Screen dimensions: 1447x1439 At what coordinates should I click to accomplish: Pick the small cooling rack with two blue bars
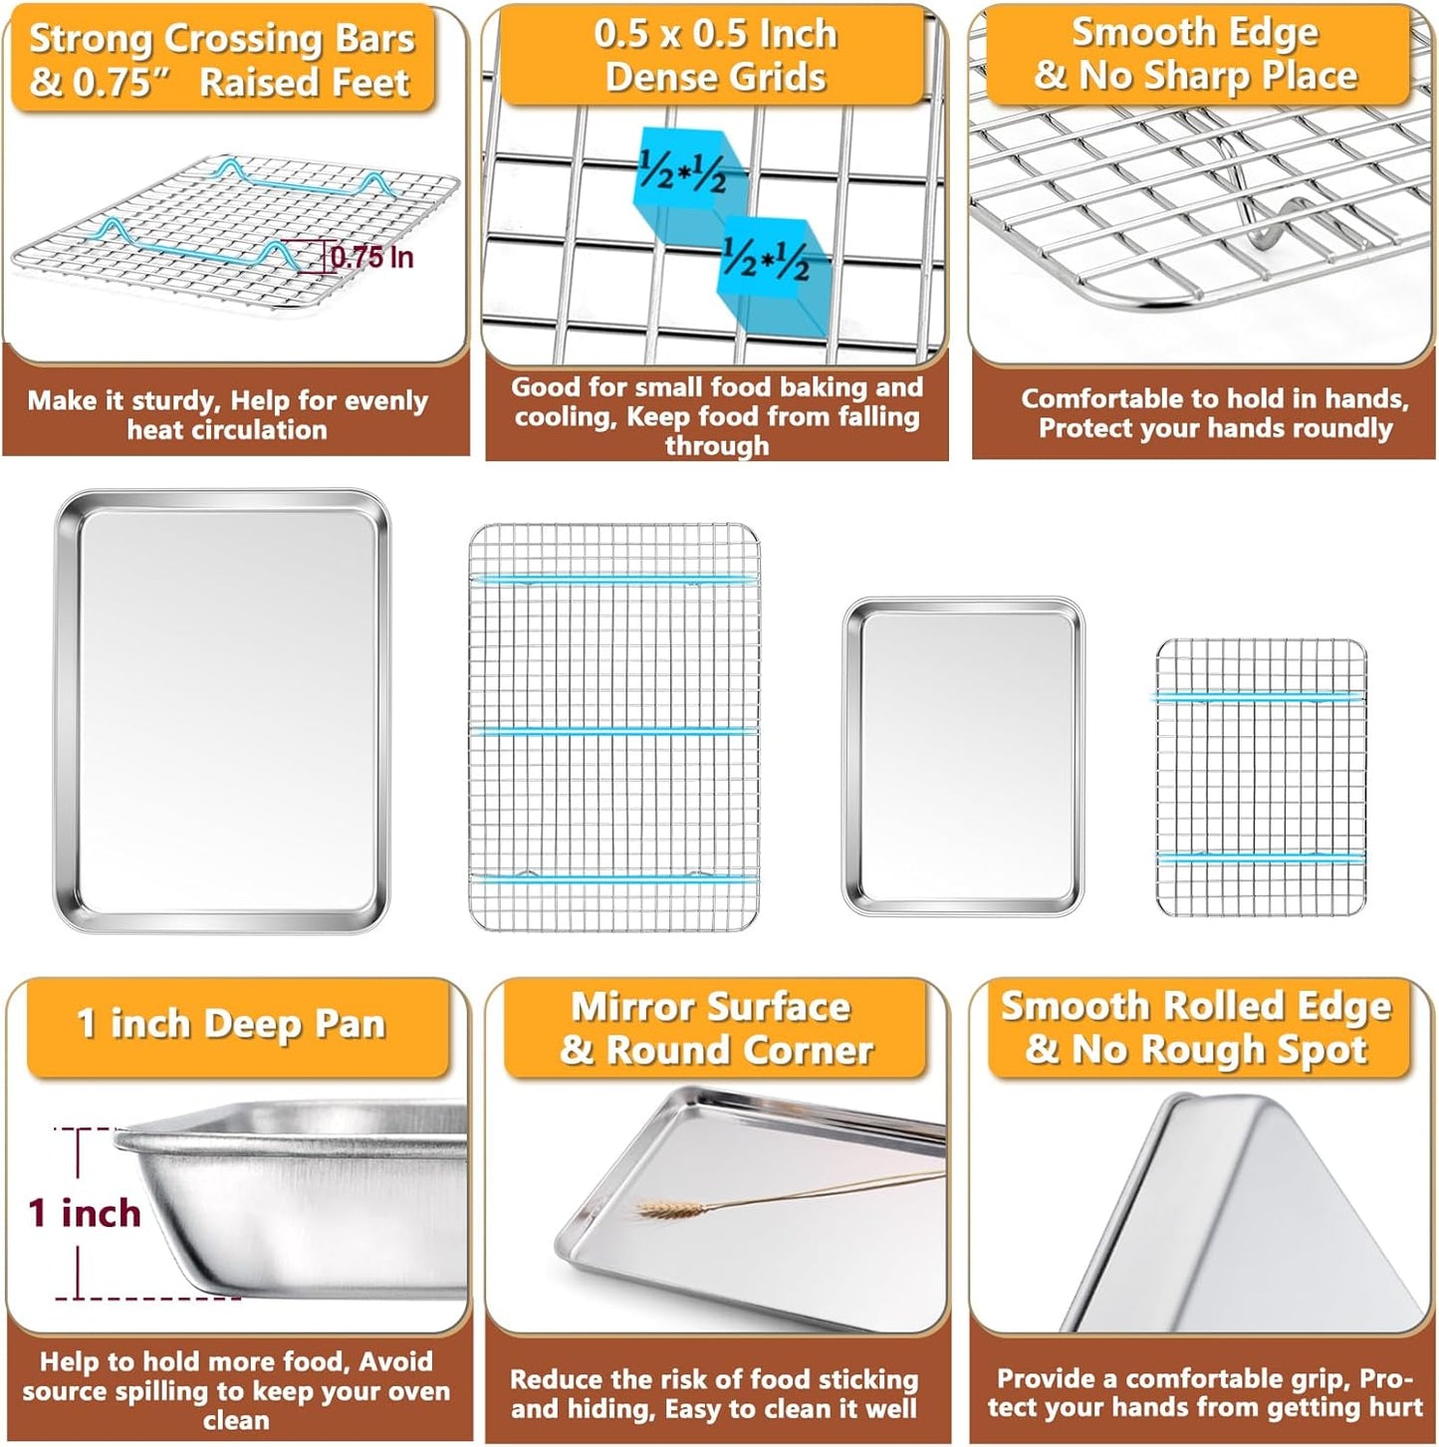coord(1261,777)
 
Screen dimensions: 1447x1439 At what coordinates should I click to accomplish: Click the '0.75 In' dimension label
coord(371,257)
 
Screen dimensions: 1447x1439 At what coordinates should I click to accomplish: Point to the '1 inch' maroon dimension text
coord(85,1213)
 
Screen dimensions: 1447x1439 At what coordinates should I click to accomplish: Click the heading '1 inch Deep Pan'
coord(231,1024)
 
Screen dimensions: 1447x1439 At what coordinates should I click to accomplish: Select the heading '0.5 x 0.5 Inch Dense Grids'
coord(715,55)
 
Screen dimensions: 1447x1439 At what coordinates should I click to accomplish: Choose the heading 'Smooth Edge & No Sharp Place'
coord(1195,54)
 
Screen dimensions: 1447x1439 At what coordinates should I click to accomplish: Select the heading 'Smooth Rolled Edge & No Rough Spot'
coord(1195,1028)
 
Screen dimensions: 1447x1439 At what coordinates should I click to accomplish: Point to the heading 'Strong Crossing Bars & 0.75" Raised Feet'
coord(221,60)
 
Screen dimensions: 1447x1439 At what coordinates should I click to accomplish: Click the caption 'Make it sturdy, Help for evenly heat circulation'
coord(227,415)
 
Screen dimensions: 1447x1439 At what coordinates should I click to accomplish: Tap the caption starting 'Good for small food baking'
coord(716,415)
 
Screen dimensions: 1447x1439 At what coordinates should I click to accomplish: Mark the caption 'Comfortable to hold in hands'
coord(1214,413)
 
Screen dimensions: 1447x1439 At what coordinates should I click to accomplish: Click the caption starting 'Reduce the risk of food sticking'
coord(714,1393)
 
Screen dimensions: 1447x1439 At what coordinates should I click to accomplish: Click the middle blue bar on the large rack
coord(613,731)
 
